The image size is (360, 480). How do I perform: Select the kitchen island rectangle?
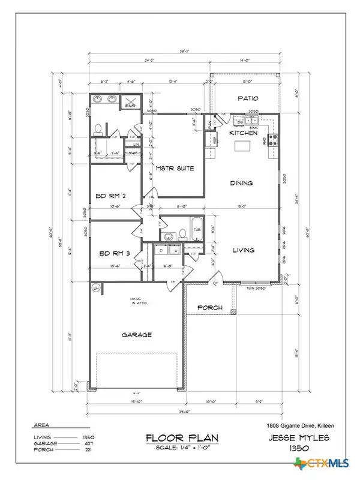click(243, 145)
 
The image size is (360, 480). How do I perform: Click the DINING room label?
click(241, 184)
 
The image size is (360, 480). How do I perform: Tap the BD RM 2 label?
click(110, 195)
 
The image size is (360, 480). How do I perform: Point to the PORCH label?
click(210, 308)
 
